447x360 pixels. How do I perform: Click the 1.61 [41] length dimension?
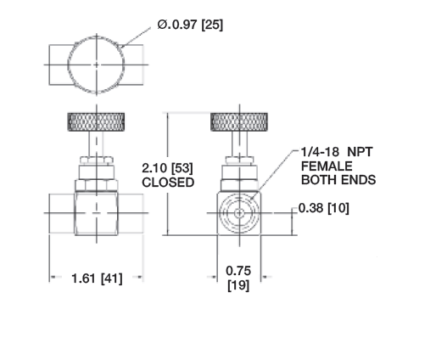point(96,278)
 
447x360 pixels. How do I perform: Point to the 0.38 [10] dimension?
point(327,208)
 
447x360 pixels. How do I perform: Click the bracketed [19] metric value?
point(238,286)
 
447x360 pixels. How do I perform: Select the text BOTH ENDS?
point(338,180)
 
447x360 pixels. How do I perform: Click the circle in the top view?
point(96,62)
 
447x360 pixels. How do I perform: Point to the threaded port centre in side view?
point(238,212)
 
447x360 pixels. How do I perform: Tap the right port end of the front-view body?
point(133,212)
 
